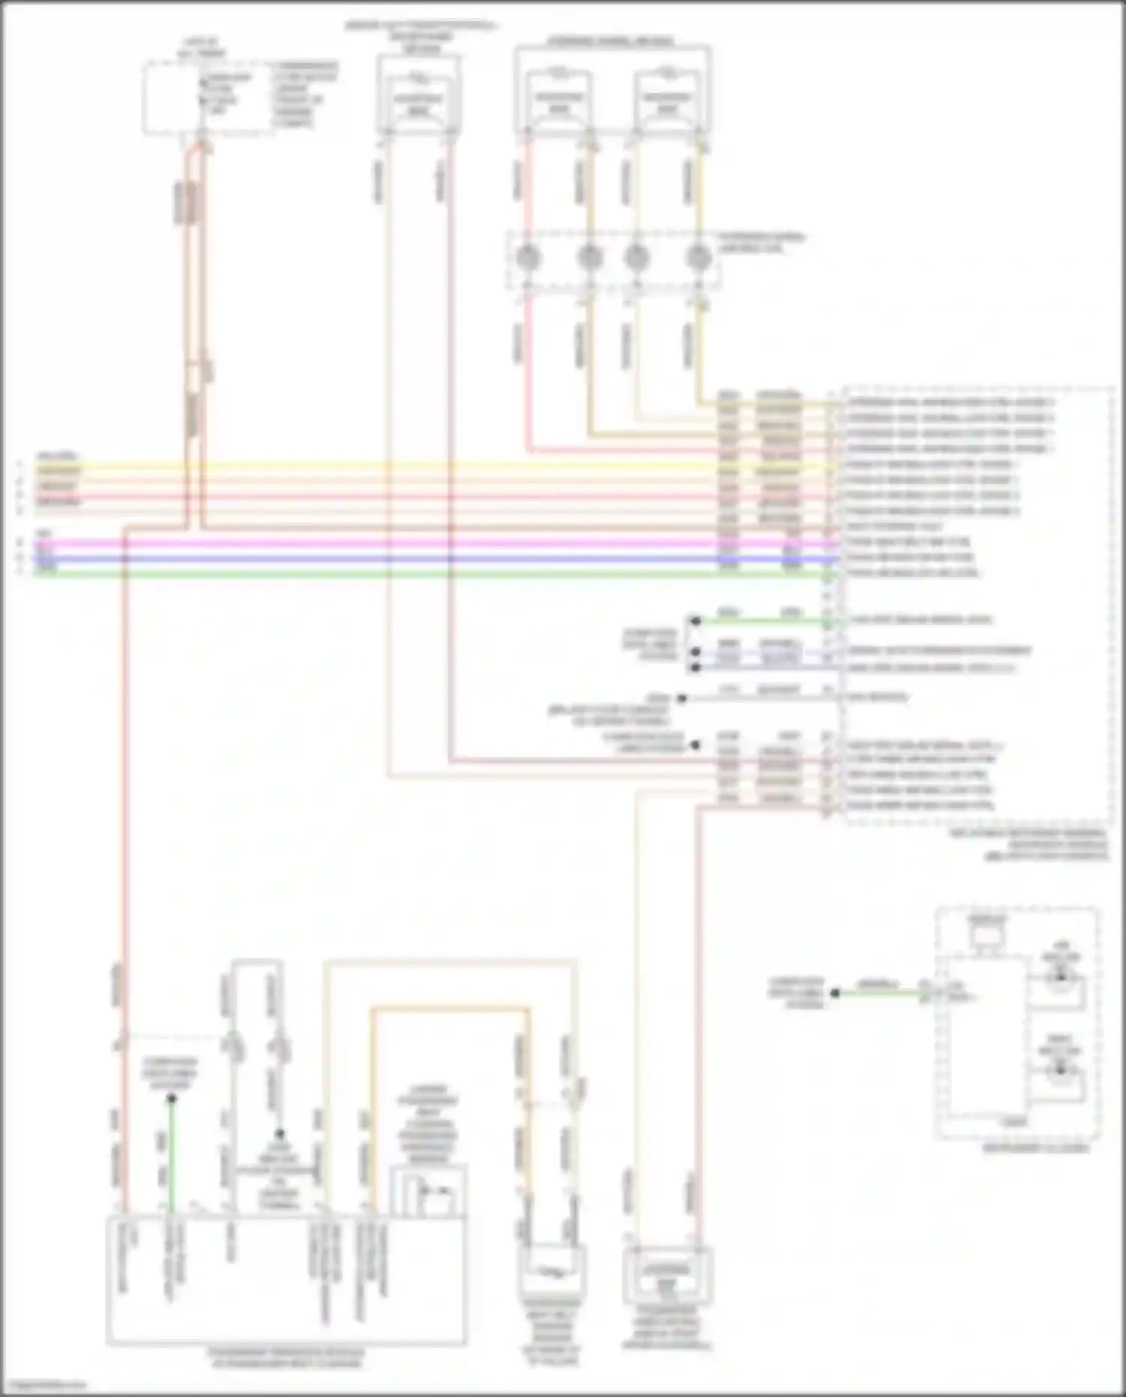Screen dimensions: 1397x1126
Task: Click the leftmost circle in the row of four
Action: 528,258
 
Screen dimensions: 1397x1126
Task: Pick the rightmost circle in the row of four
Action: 699,258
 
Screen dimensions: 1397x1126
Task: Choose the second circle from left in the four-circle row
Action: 589,258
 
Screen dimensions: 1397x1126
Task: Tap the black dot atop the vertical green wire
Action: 171,1098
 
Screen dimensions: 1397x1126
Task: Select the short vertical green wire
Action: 171,1156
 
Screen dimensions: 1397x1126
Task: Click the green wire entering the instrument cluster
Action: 878,993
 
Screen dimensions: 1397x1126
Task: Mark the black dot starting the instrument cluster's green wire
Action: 835,993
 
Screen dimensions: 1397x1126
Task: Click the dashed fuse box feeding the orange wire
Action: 209,99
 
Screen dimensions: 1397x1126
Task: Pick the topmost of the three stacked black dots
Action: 696,622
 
